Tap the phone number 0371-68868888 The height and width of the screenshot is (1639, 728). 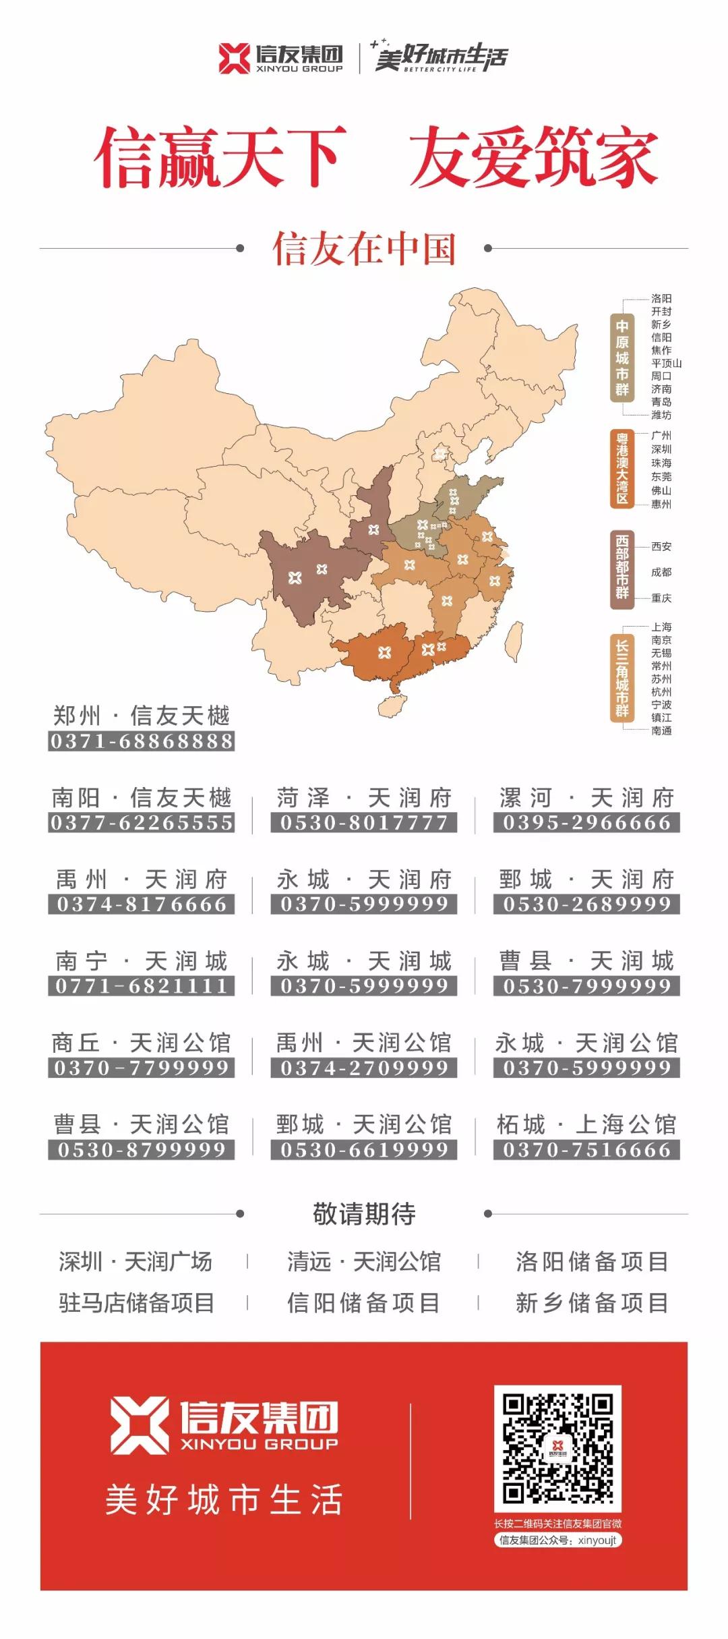142,741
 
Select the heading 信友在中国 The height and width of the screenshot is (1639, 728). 364,249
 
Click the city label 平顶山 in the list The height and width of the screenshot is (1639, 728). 666,363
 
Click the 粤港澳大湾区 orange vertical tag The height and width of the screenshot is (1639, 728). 621,468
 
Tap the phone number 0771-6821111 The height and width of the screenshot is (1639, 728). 142,986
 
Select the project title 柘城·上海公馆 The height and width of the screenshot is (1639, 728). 586,1124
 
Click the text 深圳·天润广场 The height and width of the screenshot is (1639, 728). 135,1261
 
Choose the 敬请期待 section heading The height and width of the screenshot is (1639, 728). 364,1213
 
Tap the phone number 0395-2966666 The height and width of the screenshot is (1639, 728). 586,823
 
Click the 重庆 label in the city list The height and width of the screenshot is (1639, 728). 661,598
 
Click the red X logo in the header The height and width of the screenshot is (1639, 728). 234,58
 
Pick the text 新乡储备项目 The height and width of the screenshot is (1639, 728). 592,1302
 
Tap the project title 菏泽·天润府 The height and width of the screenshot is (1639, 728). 364,798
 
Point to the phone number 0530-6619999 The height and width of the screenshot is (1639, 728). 364,1149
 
